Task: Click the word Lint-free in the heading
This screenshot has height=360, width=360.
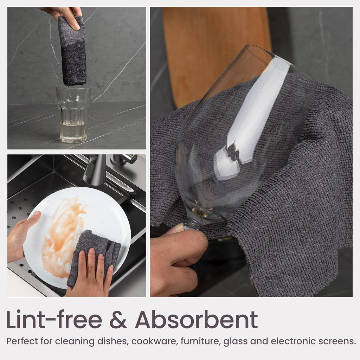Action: coord(54,320)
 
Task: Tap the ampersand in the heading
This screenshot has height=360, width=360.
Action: coord(118,320)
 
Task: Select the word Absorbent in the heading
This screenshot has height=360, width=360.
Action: coord(196,320)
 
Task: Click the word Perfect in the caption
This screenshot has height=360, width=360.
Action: coord(21,341)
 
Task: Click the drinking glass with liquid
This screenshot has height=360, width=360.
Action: coord(73,113)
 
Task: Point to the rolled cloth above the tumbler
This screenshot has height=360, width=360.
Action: coord(72,51)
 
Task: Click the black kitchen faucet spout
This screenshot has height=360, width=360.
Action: coord(95,169)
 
